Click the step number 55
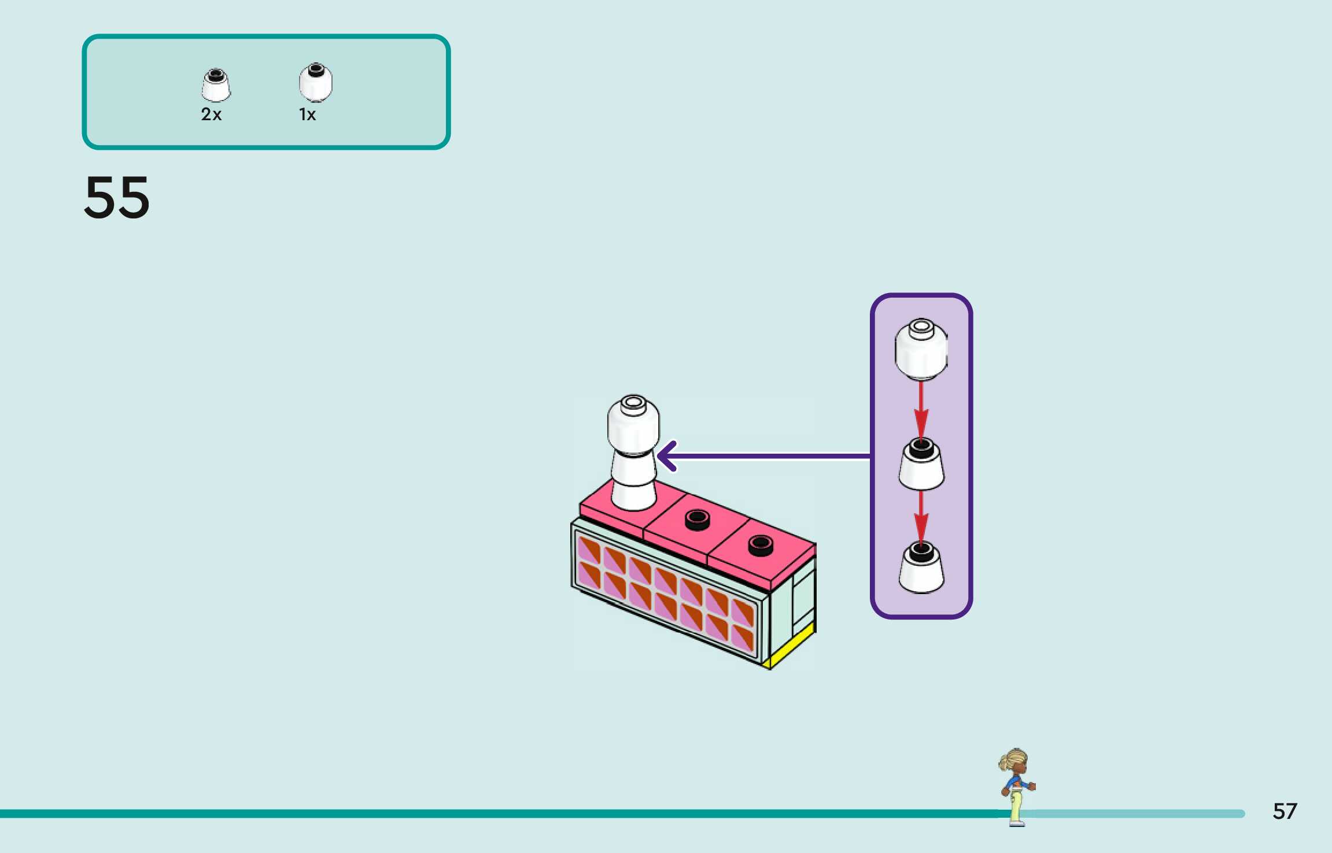[x=117, y=198]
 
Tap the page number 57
[x=1285, y=811]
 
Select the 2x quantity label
[x=211, y=114]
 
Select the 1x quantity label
[x=307, y=114]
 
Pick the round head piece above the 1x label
[x=315, y=82]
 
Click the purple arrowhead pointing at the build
[x=667, y=456]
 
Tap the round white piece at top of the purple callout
[x=921, y=350]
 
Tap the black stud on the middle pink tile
[x=697, y=519]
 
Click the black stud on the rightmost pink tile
[x=760, y=544]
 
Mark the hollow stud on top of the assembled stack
[x=633, y=402]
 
